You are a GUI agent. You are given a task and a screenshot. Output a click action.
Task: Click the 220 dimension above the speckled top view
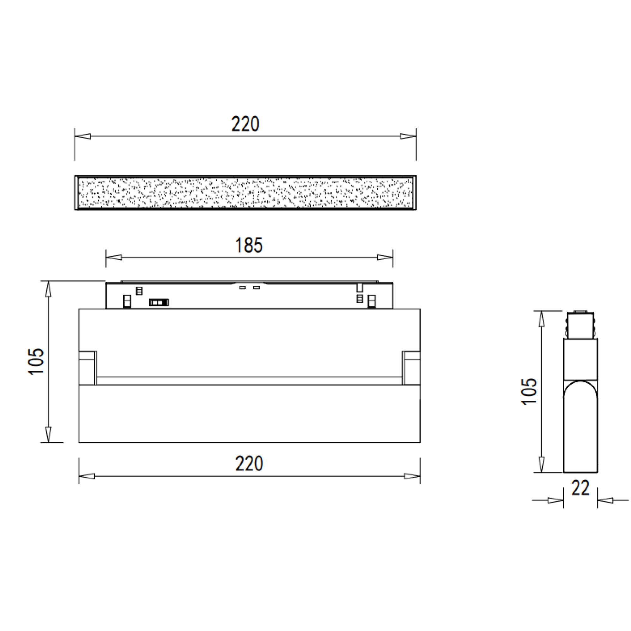245,124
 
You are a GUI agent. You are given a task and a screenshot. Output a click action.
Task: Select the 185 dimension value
249,245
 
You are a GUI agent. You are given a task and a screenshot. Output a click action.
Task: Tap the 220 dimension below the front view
249,464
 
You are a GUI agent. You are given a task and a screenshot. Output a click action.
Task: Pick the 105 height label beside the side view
529,391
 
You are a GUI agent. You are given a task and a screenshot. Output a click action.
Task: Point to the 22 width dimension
581,488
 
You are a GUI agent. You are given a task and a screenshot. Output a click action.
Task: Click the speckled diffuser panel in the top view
245,193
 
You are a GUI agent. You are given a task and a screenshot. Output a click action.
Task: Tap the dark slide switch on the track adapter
159,303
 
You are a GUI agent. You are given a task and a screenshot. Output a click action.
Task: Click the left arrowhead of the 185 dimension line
114,257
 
